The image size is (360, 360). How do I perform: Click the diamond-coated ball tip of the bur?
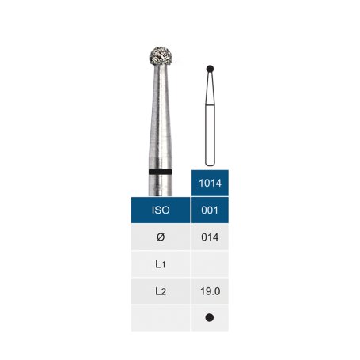[x=161, y=56]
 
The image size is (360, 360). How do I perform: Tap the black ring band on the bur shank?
[x=161, y=172]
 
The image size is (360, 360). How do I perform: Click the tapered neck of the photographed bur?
[x=161, y=116]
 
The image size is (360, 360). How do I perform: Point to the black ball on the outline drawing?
[x=210, y=69]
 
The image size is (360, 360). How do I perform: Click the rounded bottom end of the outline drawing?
[x=210, y=163]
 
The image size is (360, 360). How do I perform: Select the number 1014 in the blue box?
[x=210, y=183]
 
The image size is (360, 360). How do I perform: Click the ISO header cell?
[x=161, y=210]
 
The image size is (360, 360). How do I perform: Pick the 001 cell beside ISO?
[x=210, y=210]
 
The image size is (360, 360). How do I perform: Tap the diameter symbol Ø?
[x=161, y=237]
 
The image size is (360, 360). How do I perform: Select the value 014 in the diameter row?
[x=210, y=237]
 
